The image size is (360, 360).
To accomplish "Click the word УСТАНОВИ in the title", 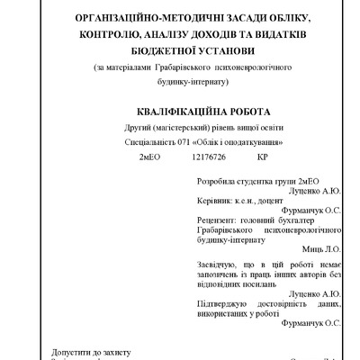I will (x=214, y=52).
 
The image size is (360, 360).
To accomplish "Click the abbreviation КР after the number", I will (x=263, y=157).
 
